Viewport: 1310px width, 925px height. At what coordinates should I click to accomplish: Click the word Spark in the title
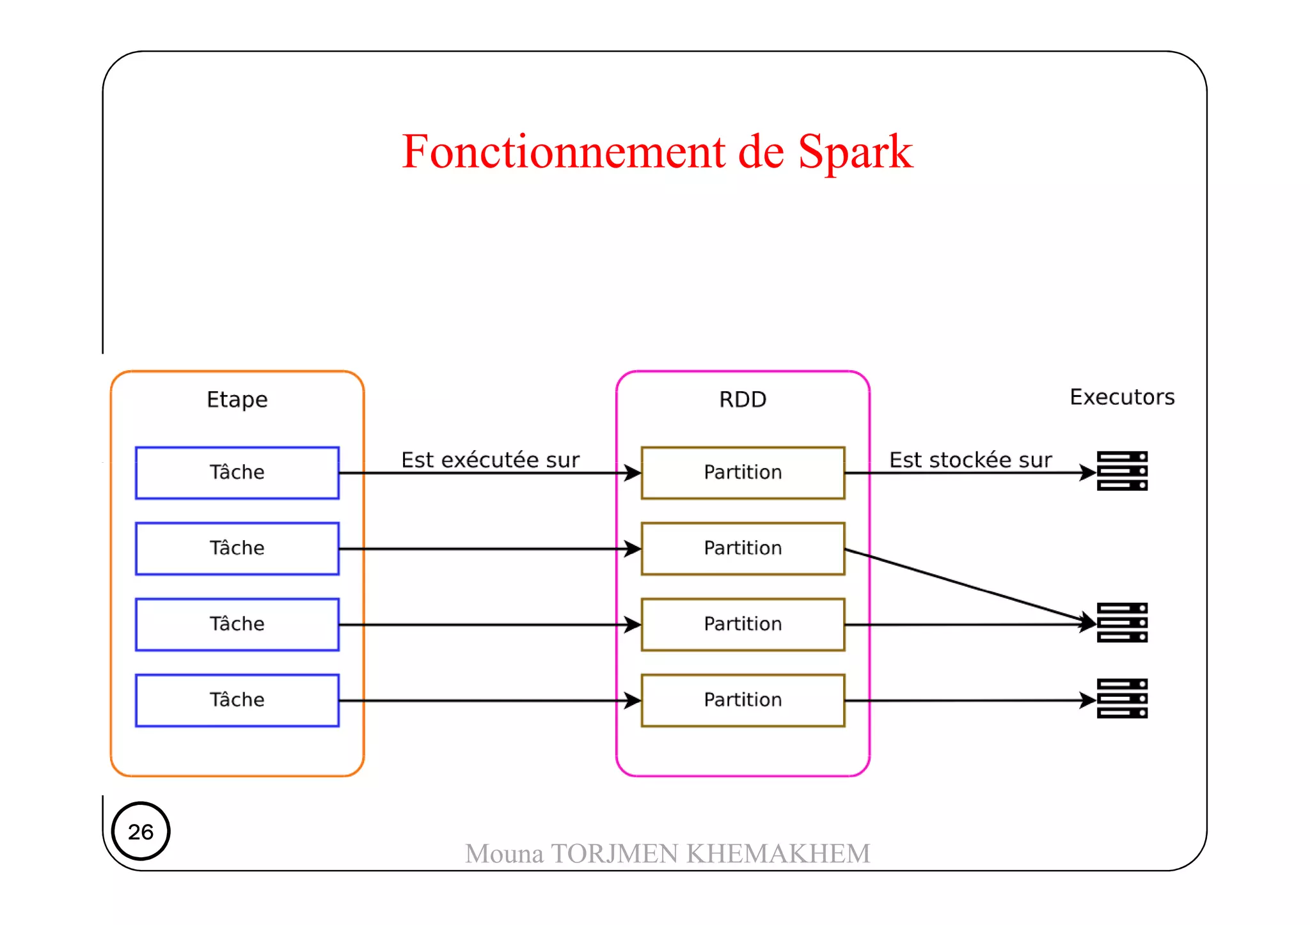855,152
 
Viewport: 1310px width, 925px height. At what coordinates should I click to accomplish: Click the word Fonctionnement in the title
563,152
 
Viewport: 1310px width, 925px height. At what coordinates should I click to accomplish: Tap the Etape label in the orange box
237,400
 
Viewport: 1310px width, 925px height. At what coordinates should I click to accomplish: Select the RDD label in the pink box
742,400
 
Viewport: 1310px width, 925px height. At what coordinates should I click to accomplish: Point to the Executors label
1122,397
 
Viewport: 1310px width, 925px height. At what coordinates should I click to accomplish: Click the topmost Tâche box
237,472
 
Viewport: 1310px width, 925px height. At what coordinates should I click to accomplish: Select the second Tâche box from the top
237,548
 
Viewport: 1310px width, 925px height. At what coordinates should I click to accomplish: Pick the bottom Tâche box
237,700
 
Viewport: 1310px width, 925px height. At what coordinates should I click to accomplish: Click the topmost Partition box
743,472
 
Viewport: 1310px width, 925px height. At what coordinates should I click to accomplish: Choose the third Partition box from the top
743,624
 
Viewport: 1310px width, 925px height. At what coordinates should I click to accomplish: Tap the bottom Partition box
743,700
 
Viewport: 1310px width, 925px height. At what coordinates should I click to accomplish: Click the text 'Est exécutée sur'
490,460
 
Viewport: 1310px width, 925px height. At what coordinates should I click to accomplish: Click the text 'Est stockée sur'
970,460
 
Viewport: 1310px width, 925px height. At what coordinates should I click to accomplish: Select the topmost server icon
1122,471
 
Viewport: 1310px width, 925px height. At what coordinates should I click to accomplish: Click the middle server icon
1122,622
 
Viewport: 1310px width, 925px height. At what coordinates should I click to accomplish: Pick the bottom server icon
1122,698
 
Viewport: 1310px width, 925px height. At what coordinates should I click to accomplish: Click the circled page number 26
141,831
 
